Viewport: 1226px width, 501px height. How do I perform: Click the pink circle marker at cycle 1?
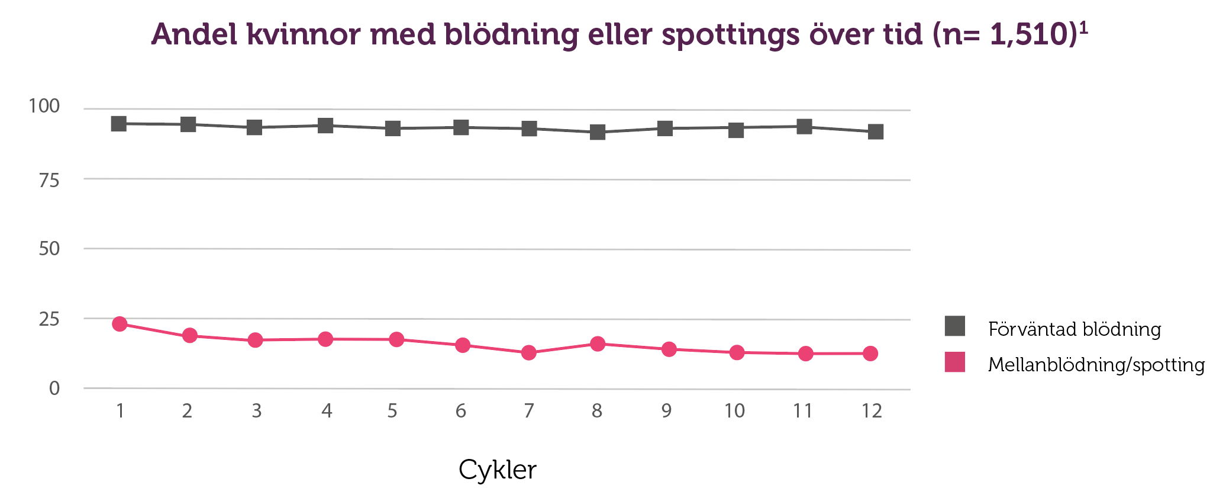120,324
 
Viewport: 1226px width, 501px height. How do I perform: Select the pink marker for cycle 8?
598,343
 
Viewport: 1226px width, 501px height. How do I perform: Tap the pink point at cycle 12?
870,354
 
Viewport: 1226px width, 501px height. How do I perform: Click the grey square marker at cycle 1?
119,123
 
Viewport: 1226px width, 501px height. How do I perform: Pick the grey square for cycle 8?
598,131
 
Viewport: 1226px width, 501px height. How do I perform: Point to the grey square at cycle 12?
876,131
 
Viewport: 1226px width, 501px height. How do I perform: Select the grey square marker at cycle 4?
325,125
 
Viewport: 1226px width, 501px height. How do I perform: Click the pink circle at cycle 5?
396,339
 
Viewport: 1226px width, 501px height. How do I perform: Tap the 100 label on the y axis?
44,107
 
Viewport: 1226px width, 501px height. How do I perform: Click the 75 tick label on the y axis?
49,181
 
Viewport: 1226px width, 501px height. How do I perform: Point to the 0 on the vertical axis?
54,388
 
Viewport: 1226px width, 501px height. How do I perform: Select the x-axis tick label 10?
734,410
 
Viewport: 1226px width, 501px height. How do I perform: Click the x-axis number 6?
461,410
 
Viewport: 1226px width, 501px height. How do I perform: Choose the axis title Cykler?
497,470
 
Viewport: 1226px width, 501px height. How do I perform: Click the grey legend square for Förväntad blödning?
955,326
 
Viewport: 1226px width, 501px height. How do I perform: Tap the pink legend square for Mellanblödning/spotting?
955,362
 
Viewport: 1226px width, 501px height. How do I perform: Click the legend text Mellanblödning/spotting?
1096,365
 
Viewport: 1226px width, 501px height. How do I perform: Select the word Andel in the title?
193,34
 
